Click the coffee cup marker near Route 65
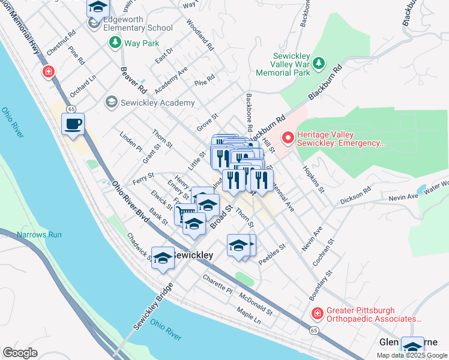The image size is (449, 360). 73,124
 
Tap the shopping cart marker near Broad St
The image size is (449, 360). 184,214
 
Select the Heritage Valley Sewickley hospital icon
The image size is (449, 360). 288,139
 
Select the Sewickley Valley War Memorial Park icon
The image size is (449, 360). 319,62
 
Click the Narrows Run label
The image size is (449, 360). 39,235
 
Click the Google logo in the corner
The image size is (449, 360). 20,353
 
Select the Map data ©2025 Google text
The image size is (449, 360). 412,355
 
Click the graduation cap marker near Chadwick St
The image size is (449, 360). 163,258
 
